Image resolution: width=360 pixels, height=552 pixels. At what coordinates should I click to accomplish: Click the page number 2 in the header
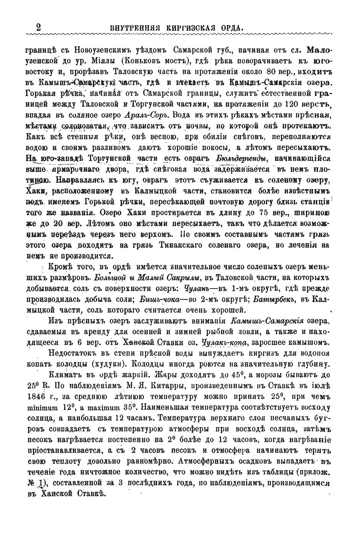click(x=38, y=28)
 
